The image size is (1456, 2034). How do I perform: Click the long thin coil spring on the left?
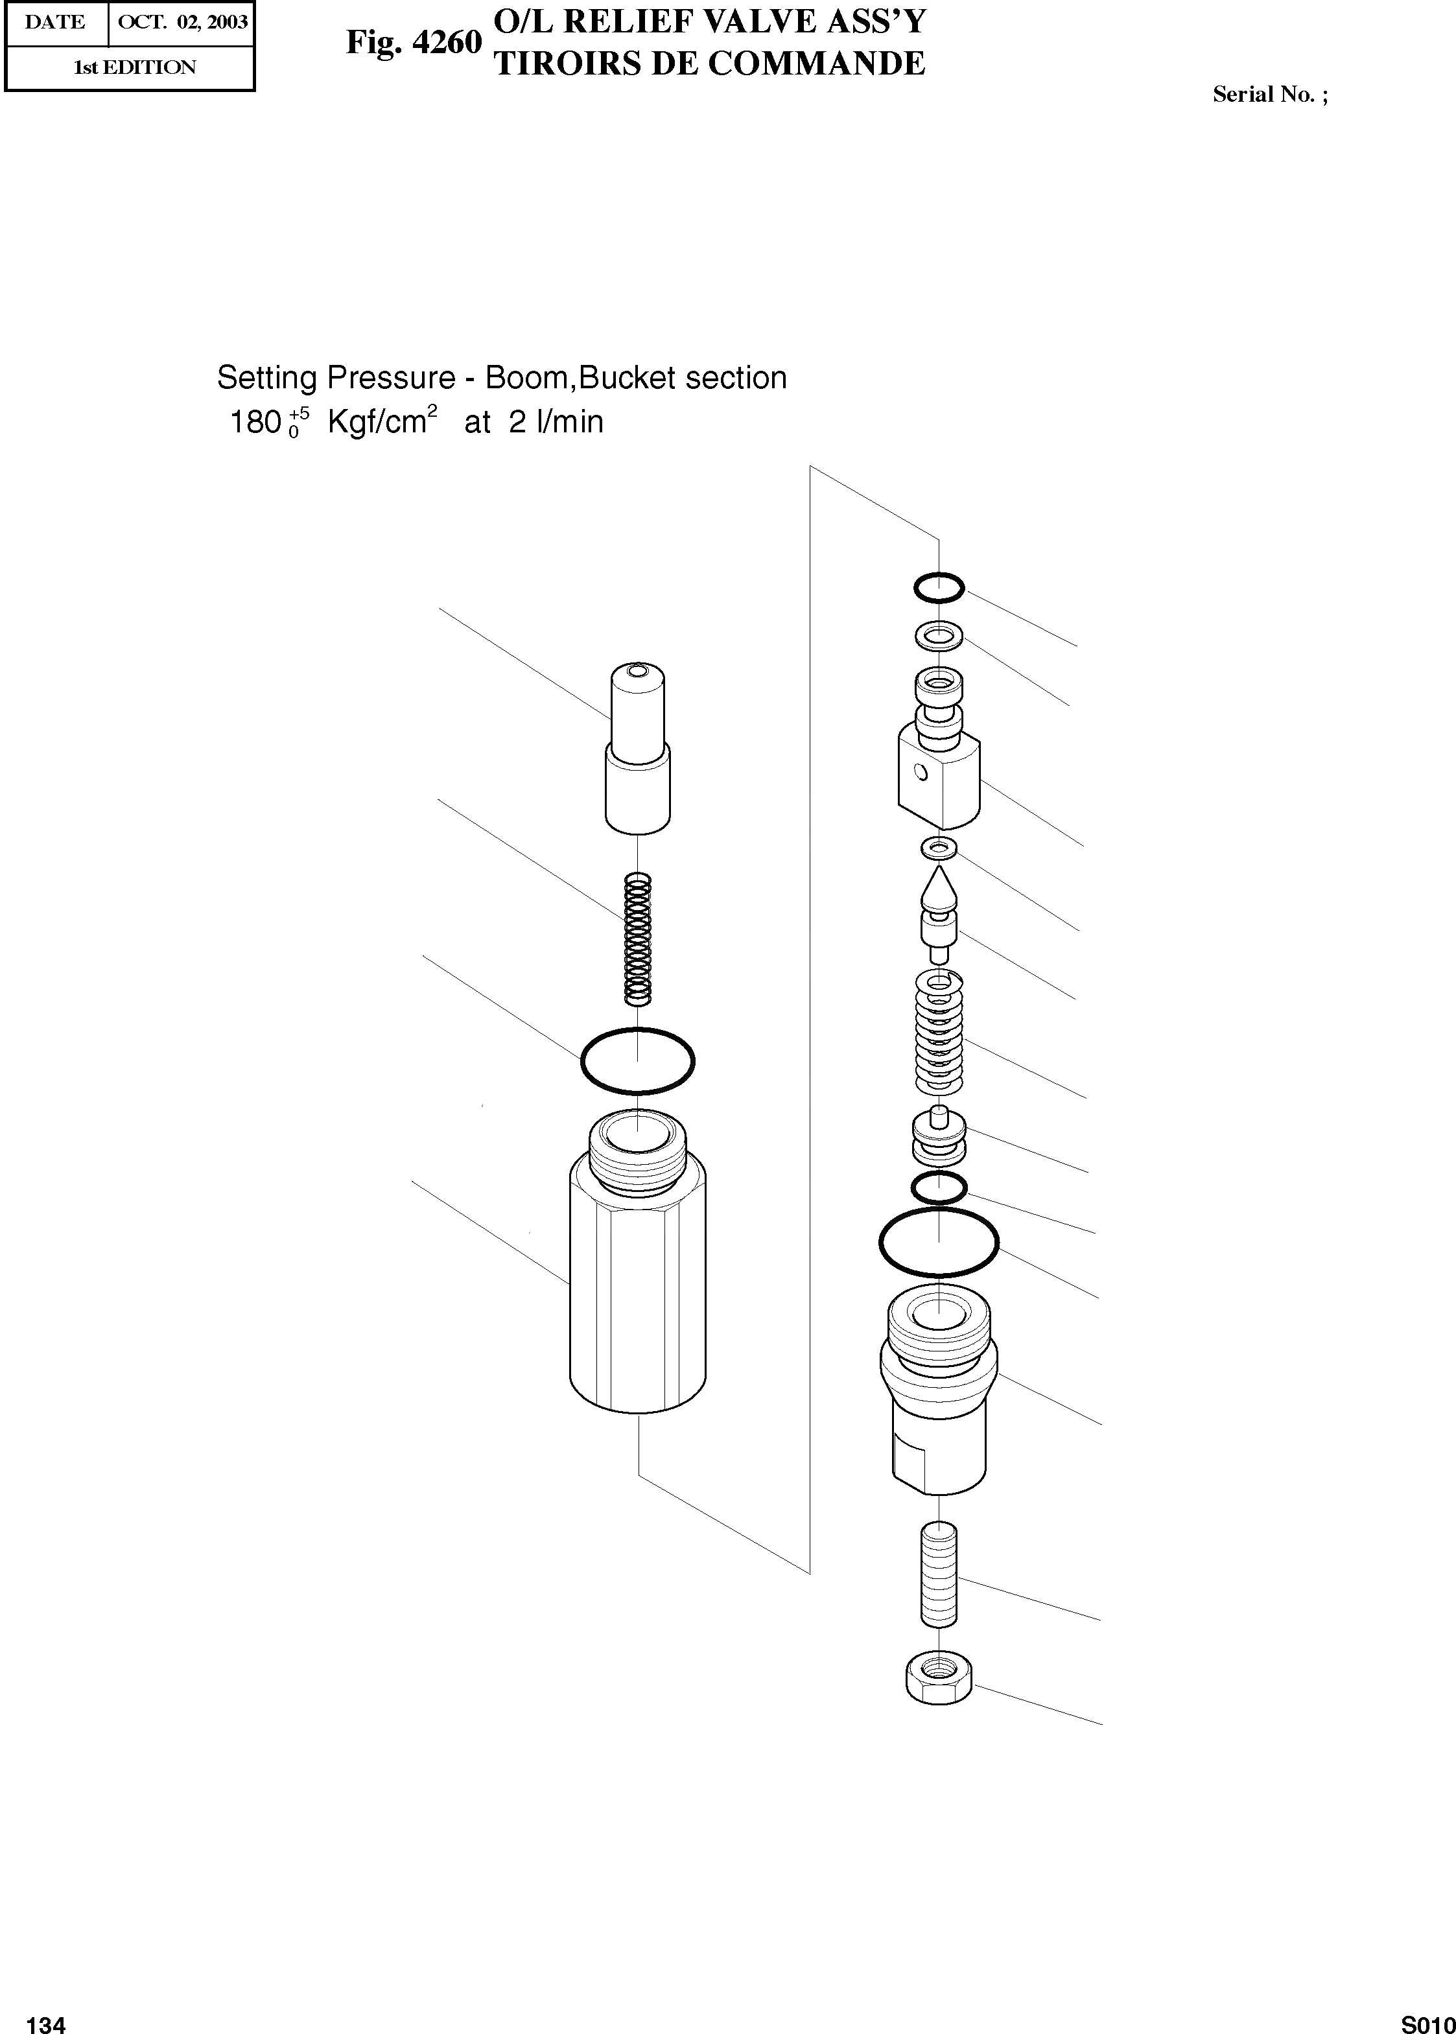pos(637,939)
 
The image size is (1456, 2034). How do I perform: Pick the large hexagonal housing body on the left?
pos(637,1291)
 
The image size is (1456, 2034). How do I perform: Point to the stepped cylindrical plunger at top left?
pos(637,749)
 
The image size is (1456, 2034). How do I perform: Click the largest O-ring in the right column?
pos(939,1243)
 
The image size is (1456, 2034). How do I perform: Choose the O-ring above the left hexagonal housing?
pos(637,1060)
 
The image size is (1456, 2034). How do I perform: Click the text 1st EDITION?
pos(134,67)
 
